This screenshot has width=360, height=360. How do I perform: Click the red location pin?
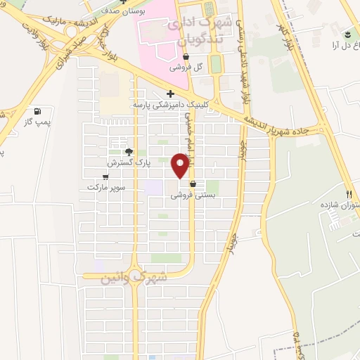pos(181,165)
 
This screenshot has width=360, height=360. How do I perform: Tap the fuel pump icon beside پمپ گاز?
pos(37,111)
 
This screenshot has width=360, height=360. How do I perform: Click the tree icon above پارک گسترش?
pos(128,151)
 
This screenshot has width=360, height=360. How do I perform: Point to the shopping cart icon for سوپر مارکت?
pos(105,176)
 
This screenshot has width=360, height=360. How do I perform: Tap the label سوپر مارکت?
pos(105,187)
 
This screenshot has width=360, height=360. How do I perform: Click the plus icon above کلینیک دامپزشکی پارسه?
pos(170,94)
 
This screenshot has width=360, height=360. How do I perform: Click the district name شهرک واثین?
pos(135,278)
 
